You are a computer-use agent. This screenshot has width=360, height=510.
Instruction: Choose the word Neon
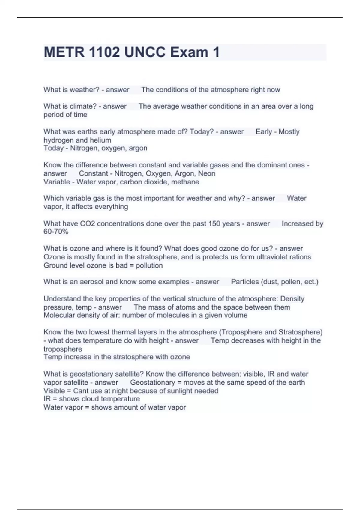click(x=207, y=173)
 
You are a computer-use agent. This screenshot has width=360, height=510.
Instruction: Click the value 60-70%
click(x=56, y=232)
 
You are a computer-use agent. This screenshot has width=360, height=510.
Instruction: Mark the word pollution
click(x=149, y=265)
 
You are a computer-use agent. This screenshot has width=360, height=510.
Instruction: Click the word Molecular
click(x=59, y=315)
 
